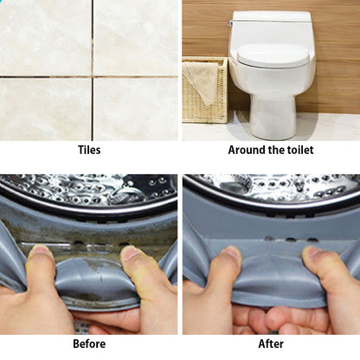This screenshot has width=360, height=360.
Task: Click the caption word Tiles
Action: [x=89, y=150]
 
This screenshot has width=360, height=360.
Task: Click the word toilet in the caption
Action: [x=299, y=150]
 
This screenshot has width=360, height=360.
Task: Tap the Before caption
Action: [x=89, y=344]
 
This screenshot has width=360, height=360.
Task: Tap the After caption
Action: [x=271, y=344]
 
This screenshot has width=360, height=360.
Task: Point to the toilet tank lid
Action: [x=272, y=16]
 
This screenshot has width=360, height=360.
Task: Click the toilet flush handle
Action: [x=230, y=23]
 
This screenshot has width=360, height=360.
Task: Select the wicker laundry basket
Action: [x=205, y=90]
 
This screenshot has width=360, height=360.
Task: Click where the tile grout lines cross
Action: [x=93, y=77]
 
